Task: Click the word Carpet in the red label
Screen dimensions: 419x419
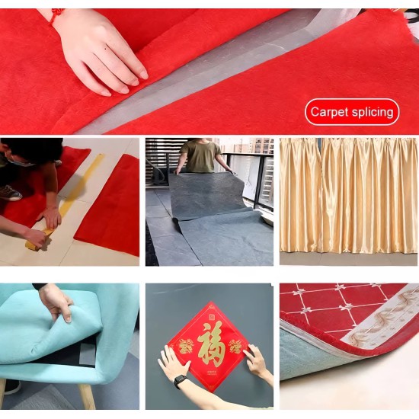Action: [x=330, y=112]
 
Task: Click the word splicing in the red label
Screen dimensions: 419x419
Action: [x=373, y=113]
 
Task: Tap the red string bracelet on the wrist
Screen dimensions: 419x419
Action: [x=56, y=16]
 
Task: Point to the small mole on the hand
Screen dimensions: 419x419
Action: [x=106, y=49]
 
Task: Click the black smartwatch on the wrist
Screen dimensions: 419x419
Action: [x=180, y=382]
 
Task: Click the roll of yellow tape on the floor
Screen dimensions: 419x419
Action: [x=37, y=241]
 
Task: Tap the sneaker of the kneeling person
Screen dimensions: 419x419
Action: [x=10, y=193]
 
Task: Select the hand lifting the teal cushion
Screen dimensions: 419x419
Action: [x=56, y=301]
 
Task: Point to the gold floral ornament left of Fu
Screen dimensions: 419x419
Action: [x=186, y=346]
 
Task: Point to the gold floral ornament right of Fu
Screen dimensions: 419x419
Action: [x=235, y=347]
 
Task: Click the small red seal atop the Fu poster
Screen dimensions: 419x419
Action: [x=212, y=317]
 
